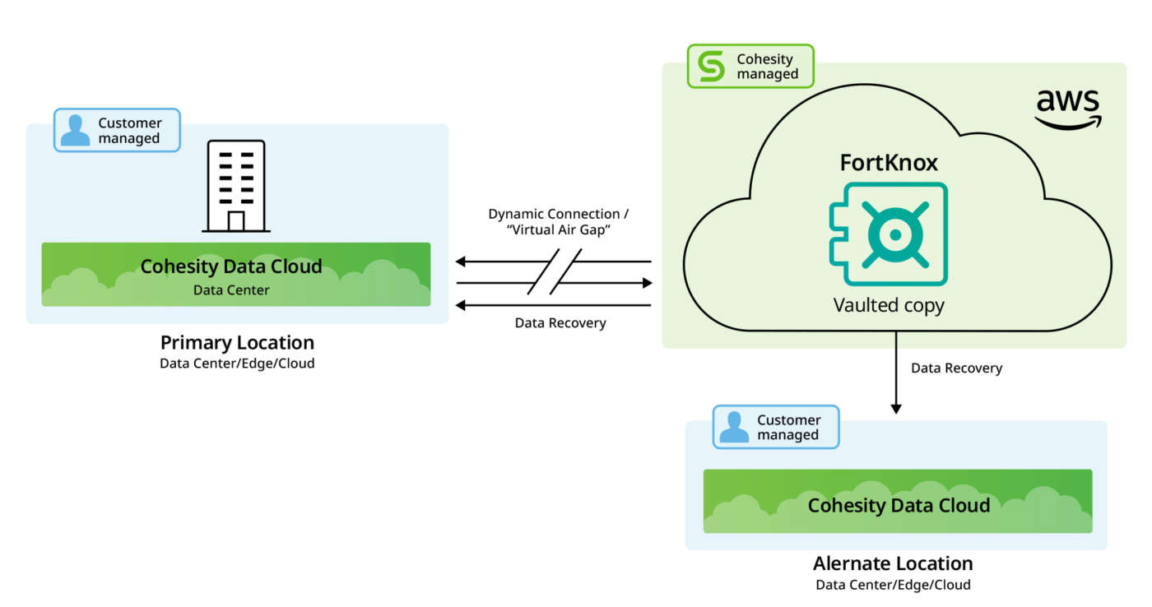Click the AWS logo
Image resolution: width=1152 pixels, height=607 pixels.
(1068, 109)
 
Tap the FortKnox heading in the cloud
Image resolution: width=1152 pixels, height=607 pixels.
(889, 163)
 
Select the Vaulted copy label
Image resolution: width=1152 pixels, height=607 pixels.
(889, 305)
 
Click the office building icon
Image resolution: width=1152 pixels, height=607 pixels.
(235, 185)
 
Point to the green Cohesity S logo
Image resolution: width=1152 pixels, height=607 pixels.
(711, 67)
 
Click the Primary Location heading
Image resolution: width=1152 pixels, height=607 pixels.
(237, 342)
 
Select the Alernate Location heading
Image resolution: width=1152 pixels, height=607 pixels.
(893, 563)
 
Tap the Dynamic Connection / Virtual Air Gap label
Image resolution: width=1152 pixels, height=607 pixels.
(553, 222)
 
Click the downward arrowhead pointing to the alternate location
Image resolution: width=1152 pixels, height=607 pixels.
(897, 408)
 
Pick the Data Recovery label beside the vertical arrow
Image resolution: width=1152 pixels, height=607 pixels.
(956, 368)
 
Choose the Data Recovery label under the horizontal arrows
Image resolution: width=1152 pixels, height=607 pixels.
(560, 322)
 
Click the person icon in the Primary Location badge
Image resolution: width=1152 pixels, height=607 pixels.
(76, 131)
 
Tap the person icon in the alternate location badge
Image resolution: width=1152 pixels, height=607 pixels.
(734, 427)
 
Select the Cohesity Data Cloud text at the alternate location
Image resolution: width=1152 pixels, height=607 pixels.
(899, 505)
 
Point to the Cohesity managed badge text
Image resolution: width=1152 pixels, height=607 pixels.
(767, 67)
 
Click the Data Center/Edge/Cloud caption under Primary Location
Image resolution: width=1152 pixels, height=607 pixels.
(237, 363)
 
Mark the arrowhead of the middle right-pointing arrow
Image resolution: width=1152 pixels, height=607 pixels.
(647, 283)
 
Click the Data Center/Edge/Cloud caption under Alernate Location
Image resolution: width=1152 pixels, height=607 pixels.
(893, 585)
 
